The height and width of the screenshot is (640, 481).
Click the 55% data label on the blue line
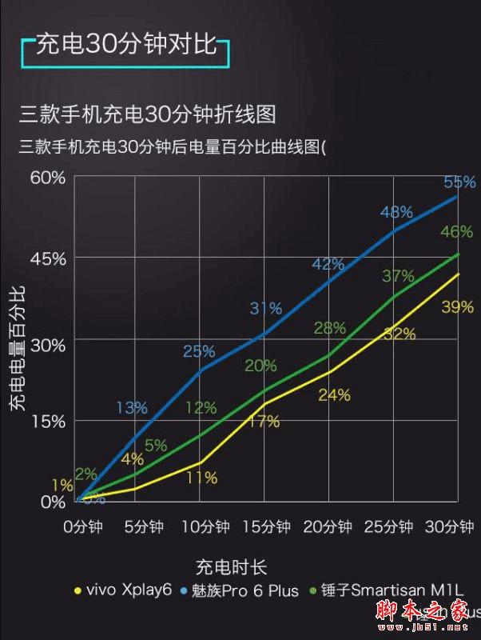click(459, 181)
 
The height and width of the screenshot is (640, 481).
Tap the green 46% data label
click(456, 232)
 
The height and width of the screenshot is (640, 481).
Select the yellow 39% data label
click(457, 306)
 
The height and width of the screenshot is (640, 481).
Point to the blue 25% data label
click(199, 351)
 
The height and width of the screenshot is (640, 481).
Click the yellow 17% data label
click(264, 422)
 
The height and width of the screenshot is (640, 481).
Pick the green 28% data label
click(329, 328)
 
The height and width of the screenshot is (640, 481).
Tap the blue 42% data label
click(328, 264)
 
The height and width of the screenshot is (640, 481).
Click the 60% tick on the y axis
click(47, 176)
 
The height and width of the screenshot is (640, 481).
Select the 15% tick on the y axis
click(47, 420)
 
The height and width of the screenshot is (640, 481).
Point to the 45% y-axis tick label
click(47, 258)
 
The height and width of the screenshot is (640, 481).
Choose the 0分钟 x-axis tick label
click(84, 527)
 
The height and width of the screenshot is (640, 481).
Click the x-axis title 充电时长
click(231, 567)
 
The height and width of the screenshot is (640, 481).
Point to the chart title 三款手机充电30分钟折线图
click(148, 114)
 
